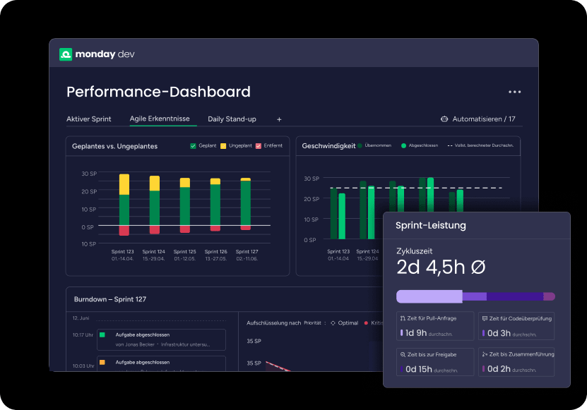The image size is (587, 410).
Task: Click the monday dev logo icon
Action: tap(66, 54)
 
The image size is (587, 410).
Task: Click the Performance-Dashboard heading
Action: tap(158, 92)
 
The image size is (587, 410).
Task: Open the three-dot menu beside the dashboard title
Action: tap(514, 92)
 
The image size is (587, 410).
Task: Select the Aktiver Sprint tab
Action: tap(88, 119)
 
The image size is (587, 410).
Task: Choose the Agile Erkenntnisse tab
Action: tap(159, 119)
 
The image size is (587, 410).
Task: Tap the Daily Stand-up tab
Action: tap(232, 119)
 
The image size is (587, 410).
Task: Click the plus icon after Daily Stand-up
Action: tap(279, 119)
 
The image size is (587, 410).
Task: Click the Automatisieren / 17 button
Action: tap(478, 119)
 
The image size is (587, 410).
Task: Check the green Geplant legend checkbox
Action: tap(194, 146)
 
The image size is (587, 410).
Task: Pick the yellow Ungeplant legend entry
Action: tap(223, 146)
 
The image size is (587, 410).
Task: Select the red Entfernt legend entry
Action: tap(259, 146)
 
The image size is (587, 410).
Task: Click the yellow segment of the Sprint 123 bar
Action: tap(124, 184)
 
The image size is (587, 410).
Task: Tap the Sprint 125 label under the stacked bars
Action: tap(184, 251)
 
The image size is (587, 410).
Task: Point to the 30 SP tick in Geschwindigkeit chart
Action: tap(311, 179)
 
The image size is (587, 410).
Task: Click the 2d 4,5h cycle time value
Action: tap(441, 267)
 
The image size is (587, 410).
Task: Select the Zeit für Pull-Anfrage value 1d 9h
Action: tap(413, 332)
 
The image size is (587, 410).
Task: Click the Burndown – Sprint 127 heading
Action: tap(110, 299)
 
